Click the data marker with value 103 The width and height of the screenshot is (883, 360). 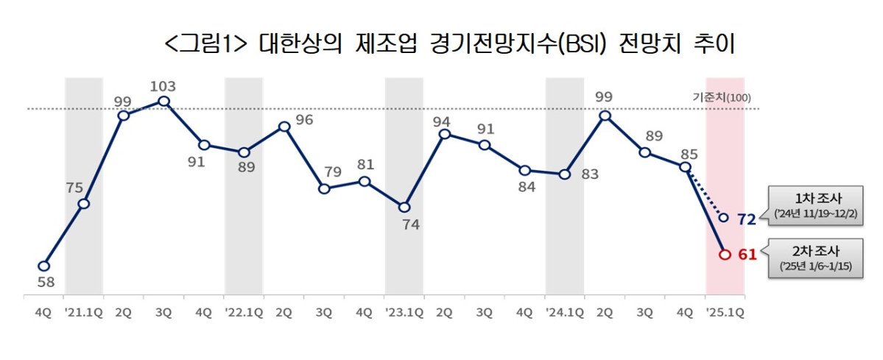click(x=163, y=102)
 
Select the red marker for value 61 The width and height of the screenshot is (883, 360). click(x=724, y=255)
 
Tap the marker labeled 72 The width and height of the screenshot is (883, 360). click(x=724, y=218)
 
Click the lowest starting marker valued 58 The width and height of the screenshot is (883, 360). click(x=43, y=266)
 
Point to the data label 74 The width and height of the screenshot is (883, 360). click(x=410, y=225)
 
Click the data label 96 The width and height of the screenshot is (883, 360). click(x=304, y=120)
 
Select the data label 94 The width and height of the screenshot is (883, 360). click(x=442, y=120)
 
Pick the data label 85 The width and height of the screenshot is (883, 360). click(x=689, y=155)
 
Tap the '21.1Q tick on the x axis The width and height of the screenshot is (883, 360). click(x=83, y=313)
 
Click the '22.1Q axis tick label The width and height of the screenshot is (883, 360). click(x=244, y=313)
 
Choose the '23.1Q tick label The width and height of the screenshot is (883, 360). click(x=404, y=313)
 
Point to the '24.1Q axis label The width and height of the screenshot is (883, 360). click(x=564, y=313)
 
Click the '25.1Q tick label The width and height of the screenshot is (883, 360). click(x=724, y=313)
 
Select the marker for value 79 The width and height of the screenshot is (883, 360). click(x=324, y=188)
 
